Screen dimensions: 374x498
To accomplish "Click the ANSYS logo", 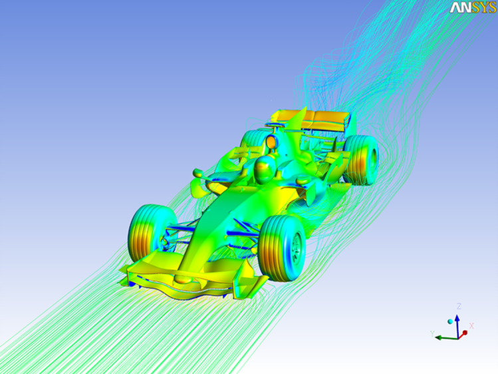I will point(473,8).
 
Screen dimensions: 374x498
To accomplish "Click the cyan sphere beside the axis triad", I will point(451,322).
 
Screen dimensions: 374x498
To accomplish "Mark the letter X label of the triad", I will point(471,325).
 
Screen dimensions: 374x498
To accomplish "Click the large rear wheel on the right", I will point(361,159).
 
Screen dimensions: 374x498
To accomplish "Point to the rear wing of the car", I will point(320,120).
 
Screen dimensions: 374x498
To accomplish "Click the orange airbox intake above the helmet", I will point(271,141).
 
